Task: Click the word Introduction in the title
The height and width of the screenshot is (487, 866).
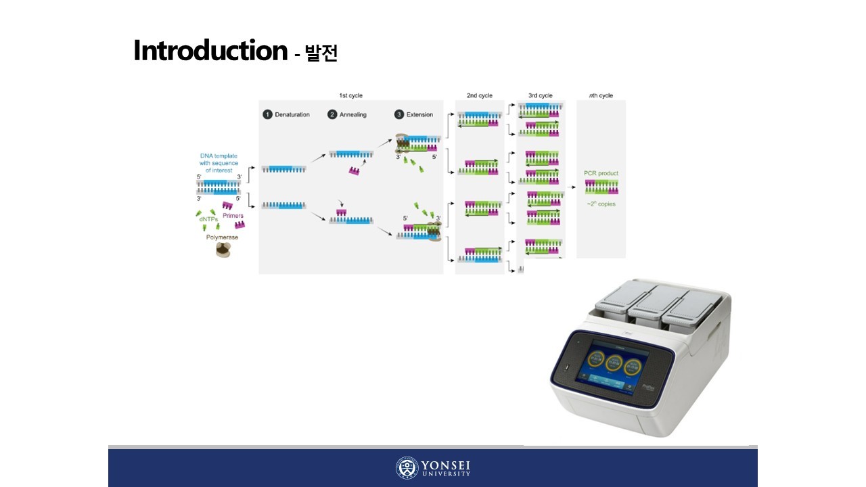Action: pos(210,51)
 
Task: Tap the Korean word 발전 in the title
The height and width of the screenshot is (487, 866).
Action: pos(321,53)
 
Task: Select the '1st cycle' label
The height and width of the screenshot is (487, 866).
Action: pos(350,95)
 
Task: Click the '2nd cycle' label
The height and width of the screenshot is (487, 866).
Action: pos(480,95)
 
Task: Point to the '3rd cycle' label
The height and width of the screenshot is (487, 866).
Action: pos(540,95)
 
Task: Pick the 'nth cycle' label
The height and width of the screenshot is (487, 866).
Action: pos(601,95)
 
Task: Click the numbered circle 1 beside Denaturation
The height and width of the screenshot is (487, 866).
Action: pos(267,114)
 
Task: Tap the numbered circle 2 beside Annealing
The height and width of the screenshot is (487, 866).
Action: pos(332,114)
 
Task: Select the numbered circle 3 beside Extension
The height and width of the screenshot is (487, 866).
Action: pos(399,114)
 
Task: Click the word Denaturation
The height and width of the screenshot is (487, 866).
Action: pos(292,114)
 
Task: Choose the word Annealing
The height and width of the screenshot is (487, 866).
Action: pos(353,114)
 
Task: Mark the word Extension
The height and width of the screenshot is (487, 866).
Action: pos(419,114)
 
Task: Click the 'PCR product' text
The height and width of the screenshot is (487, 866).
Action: pos(601,173)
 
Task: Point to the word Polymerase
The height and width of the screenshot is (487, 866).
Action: pos(222,237)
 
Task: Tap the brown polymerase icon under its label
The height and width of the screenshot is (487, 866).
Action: pos(223,250)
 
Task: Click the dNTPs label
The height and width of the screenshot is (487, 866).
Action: pos(208,219)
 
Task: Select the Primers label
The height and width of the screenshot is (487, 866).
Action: pos(233,216)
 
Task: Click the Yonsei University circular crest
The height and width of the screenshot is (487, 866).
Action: pos(407,468)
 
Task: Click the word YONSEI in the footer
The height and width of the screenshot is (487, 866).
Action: pos(446,465)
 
